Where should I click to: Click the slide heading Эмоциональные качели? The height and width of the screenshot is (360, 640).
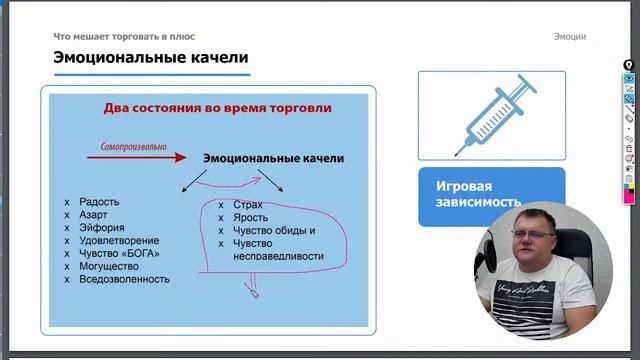click(x=150, y=58)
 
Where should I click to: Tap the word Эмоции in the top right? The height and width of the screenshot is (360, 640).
click(x=569, y=37)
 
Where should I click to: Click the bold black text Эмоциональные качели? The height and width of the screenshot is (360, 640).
click(x=273, y=158)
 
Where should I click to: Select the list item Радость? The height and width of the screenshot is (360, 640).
click(x=99, y=201)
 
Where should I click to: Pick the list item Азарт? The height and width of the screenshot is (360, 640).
click(x=94, y=214)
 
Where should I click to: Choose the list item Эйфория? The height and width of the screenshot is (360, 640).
click(x=100, y=227)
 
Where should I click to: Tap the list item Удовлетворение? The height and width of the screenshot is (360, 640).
click(x=118, y=240)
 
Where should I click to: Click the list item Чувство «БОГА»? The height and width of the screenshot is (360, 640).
click(x=118, y=253)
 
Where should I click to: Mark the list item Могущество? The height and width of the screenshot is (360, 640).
click(x=108, y=266)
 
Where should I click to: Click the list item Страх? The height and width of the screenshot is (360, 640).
click(x=247, y=205)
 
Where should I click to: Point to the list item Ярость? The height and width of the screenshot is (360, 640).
click(x=249, y=218)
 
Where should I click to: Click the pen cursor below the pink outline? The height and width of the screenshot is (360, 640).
click(x=253, y=291)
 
